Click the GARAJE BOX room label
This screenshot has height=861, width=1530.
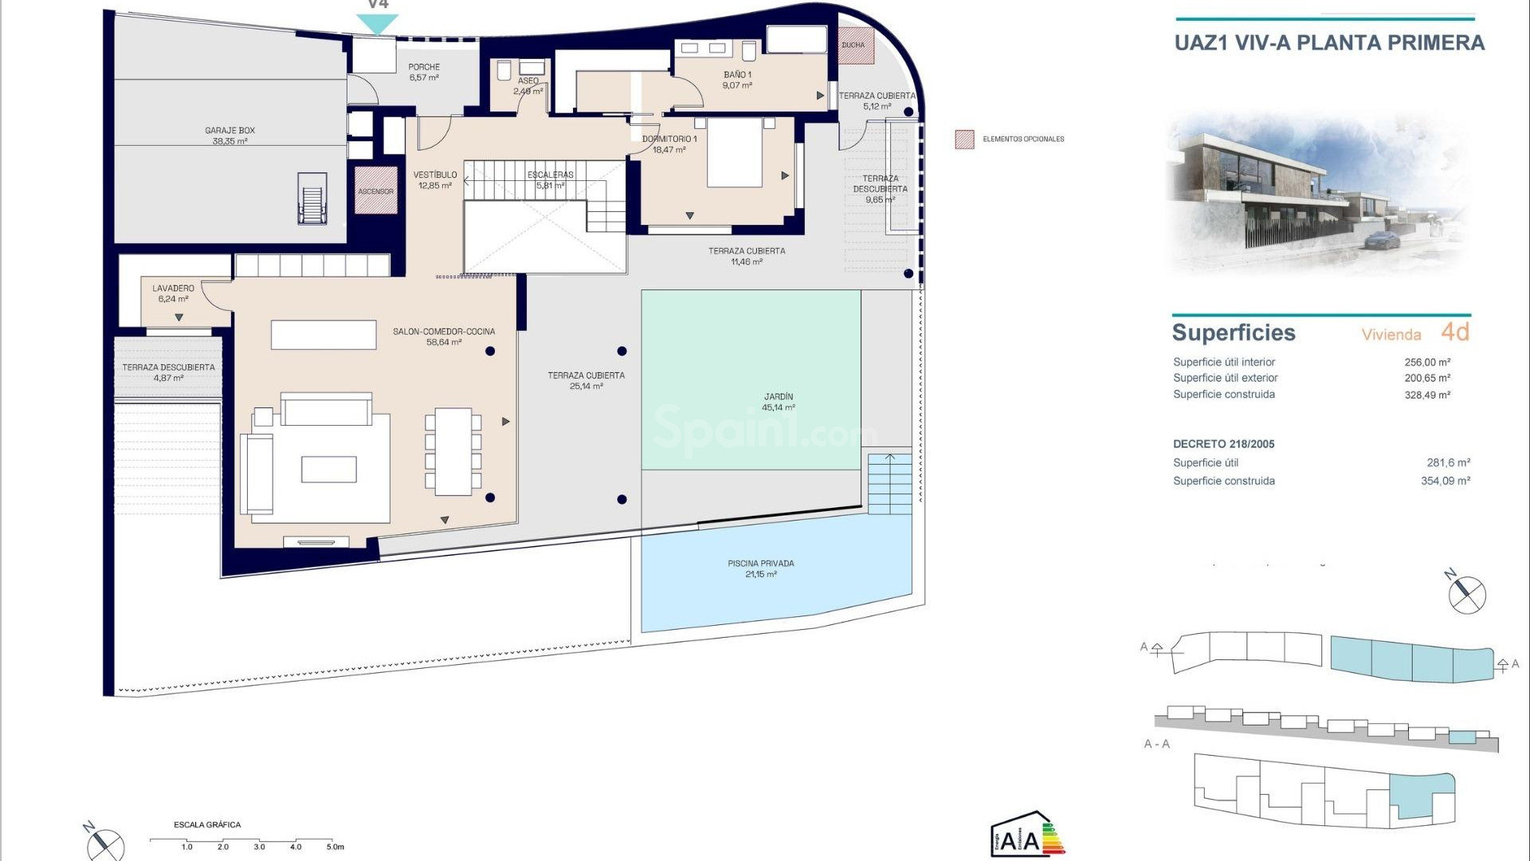(x=229, y=136)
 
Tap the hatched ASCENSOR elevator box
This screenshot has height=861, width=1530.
(x=375, y=191)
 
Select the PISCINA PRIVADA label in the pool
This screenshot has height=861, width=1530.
(x=760, y=568)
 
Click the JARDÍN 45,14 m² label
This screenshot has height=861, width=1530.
(x=778, y=402)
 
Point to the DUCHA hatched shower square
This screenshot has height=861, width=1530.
(x=856, y=45)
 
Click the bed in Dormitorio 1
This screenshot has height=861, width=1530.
(x=735, y=153)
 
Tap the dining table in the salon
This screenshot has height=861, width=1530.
(x=453, y=452)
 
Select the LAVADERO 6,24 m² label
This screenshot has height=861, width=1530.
(x=173, y=293)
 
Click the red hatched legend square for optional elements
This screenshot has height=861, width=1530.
(x=964, y=140)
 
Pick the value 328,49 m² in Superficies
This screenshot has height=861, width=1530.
(x=1426, y=395)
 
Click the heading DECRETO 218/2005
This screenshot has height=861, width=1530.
(x=1223, y=444)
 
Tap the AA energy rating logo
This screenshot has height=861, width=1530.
(x=1026, y=835)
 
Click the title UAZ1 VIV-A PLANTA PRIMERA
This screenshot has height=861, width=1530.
(x=1329, y=43)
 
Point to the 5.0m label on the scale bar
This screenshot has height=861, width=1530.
(x=335, y=847)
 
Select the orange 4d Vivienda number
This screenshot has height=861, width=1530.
(x=1454, y=332)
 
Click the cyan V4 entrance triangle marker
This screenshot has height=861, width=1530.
(x=376, y=24)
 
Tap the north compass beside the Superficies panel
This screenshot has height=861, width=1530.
(x=1465, y=594)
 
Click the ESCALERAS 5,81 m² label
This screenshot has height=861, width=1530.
(x=550, y=179)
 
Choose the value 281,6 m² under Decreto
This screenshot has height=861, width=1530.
(x=1447, y=462)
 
